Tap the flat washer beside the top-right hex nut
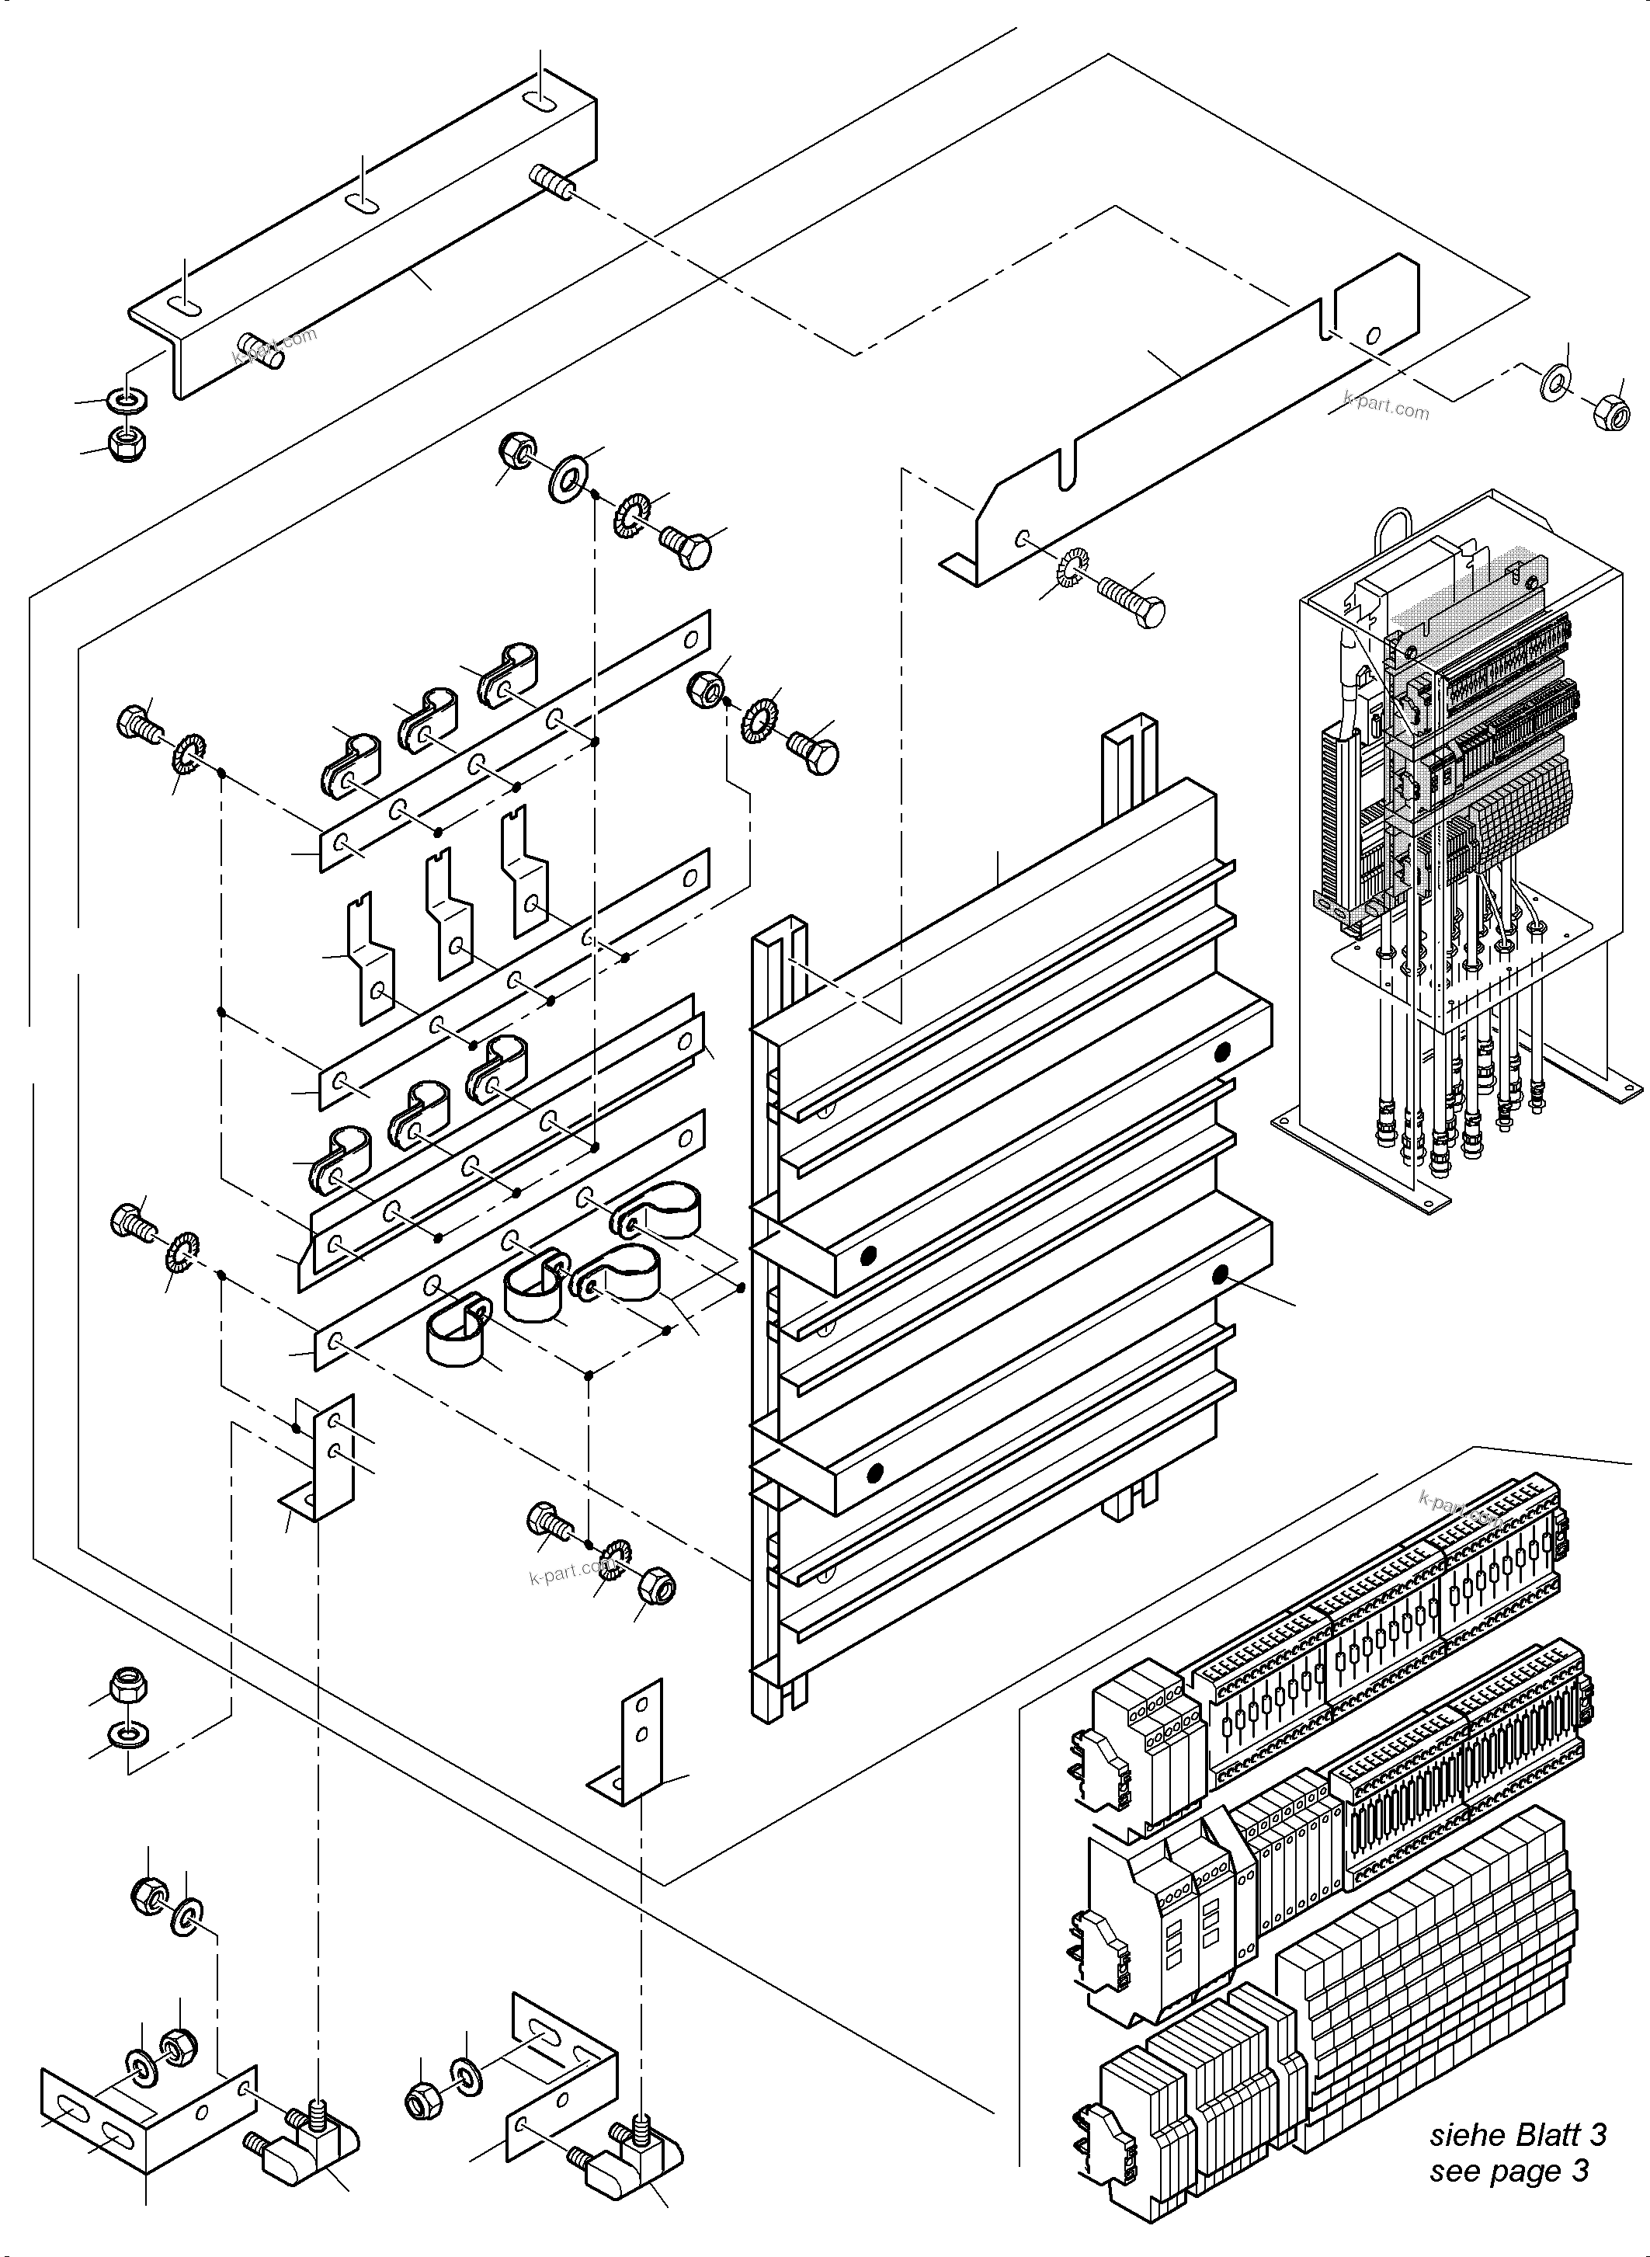pos(1555,384)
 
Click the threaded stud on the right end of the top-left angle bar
pos(551,183)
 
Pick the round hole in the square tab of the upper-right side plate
pos(1374,334)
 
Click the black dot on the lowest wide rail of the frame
pos(876,1472)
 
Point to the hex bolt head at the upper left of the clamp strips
pos(136,722)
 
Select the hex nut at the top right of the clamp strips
pos(706,687)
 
